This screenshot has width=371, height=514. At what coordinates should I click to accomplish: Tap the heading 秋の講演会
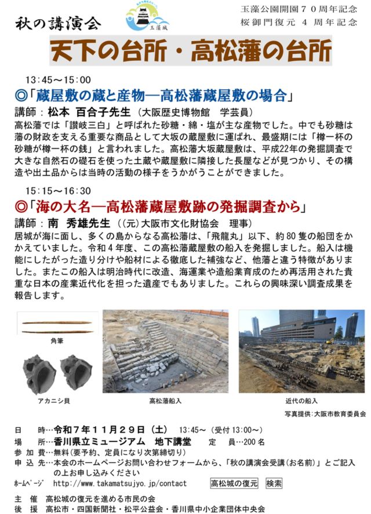pos(58,23)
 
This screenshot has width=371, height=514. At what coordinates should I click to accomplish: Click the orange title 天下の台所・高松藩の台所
pos(191,52)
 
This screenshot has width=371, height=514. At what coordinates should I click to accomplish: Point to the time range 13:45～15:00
pos(58,80)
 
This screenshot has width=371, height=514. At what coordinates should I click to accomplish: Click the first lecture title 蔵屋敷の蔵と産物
pos(159,95)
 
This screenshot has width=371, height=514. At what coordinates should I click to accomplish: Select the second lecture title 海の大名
pos(159,207)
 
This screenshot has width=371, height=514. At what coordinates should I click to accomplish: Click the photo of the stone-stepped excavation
pos(165,351)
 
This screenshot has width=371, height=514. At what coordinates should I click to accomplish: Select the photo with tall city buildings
pos(301,351)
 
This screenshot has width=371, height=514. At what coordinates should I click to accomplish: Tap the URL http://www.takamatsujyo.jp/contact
pos(119,483)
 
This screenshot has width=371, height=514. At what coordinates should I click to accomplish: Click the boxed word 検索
pos(274,483)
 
